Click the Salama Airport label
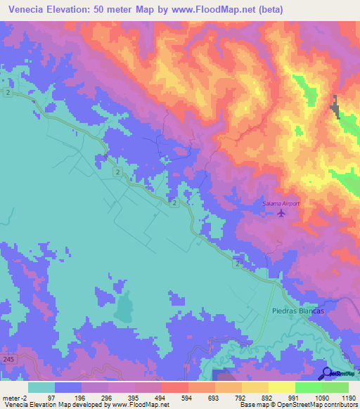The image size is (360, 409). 281,204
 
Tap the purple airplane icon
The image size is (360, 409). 282,213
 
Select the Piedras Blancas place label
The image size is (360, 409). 296,311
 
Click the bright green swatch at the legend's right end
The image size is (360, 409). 335,387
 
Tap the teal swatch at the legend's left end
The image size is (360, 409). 41,387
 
